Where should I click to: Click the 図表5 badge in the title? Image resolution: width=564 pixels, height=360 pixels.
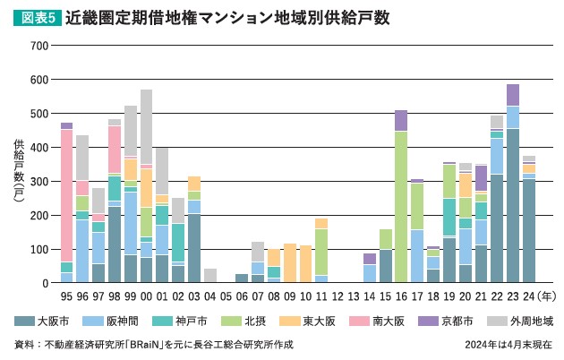pos(35,17)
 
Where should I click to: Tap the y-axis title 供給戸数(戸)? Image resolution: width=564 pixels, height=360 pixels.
pos(19,174)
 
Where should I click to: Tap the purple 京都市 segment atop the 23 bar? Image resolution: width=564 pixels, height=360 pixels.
pos(512,95)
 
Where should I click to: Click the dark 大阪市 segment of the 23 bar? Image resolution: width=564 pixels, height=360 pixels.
pos(512,206)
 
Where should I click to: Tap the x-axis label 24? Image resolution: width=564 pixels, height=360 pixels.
pos(529,295)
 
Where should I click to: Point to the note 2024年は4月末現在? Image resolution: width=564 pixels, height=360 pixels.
pos(508,346)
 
